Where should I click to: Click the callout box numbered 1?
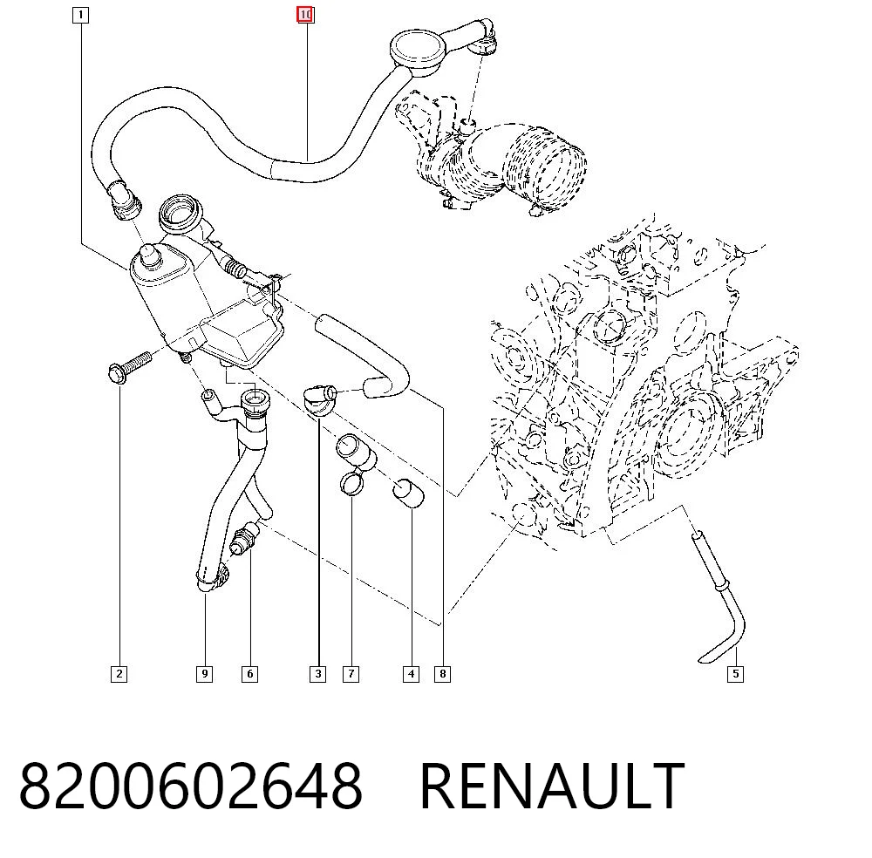tap(80, 15)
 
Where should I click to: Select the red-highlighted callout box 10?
tap(305, 15)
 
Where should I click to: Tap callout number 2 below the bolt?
tap(119, 674)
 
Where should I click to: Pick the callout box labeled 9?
tap(205, 674)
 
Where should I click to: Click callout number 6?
tap(249, 674)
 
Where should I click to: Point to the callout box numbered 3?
tap(318, 674)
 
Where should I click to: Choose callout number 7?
tap(351, 674)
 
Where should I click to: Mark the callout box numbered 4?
tap(411, 674)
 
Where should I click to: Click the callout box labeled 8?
tap(443, 674)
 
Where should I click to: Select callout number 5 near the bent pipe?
tap(736, 674)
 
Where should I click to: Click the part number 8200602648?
tap(191, 786)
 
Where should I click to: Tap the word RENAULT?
tap(552, 786)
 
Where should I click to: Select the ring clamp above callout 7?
tap(351, 482)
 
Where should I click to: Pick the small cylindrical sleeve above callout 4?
tap(409, 492)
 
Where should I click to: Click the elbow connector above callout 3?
tap(320, 399)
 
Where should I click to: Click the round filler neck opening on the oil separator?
tap(179, 215)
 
